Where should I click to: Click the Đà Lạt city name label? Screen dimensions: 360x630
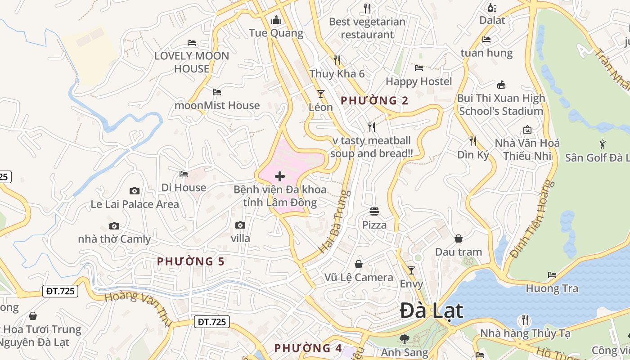point(431,311)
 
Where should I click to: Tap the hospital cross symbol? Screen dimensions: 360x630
point(280,176)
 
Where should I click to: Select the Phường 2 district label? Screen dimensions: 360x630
point(374,100)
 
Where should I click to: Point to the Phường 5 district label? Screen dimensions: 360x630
point(190,261)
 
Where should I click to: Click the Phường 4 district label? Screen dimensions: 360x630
point(308,348)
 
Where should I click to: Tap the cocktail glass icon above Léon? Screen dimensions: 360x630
point(321,94)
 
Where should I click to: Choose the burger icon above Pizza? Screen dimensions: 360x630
point(374,211)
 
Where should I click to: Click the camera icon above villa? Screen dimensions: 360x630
point(240,225)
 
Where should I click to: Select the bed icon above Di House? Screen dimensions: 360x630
point(184,174)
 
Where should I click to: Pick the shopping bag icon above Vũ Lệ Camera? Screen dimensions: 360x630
point(359,264)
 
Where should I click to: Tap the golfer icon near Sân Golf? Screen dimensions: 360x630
point(603,144)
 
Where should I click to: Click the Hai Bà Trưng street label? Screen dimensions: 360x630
point(334,221)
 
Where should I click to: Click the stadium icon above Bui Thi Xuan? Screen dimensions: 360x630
point(501,85)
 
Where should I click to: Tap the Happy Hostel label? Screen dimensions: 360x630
point(419,81)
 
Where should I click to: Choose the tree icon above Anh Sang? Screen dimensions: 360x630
point(404,339)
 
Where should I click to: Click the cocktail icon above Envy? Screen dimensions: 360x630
point(411,270)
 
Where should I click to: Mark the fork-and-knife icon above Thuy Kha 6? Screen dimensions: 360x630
point(337,60)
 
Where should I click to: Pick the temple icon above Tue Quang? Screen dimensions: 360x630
point(276,20)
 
